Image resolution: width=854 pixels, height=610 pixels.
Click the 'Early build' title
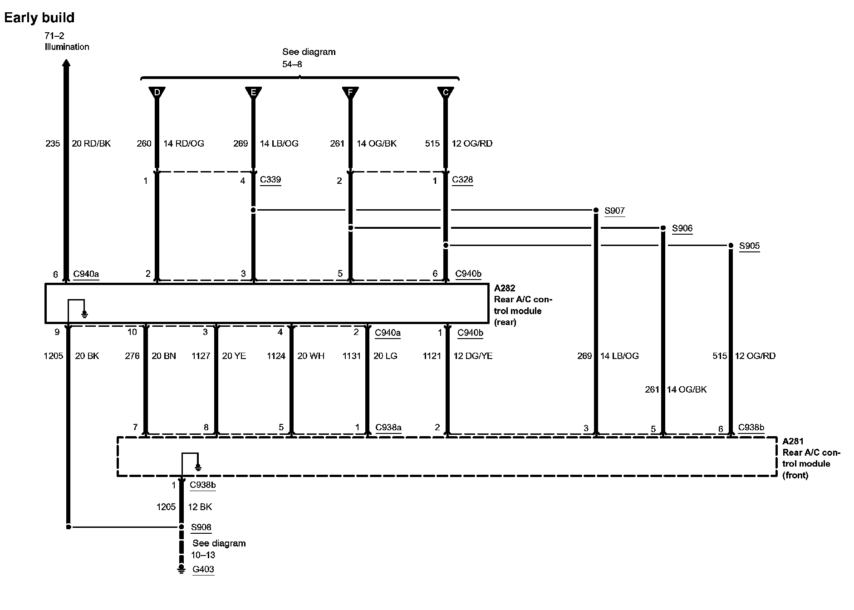click(39, 18)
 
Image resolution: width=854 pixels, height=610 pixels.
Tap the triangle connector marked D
click(157, 93)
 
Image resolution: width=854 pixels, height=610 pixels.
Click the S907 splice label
click(614, 211)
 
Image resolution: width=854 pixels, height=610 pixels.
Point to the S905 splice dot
click(731, 246)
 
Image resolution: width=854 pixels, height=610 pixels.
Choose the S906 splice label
click(682, 228)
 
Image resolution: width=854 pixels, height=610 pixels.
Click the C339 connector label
click(270, 180)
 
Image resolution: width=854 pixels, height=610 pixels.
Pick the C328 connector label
click(462, 180)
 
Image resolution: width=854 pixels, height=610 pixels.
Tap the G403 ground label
click(203, 569)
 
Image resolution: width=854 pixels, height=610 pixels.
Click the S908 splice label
click(201, 527)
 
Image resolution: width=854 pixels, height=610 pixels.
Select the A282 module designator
click(505, 288)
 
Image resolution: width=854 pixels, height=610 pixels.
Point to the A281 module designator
click(793, 441)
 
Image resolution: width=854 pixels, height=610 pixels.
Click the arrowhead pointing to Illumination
click(66, 64)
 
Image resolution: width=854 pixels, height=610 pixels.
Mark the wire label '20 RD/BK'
click(91, 143)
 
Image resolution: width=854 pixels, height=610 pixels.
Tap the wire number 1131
click(352, 356)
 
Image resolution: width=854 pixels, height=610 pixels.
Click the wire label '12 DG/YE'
click(473, 356)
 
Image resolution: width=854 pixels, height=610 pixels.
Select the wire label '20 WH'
click(311, 356)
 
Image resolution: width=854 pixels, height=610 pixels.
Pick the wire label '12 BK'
click(200, 507)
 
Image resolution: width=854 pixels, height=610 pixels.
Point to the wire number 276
click(132, 356)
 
